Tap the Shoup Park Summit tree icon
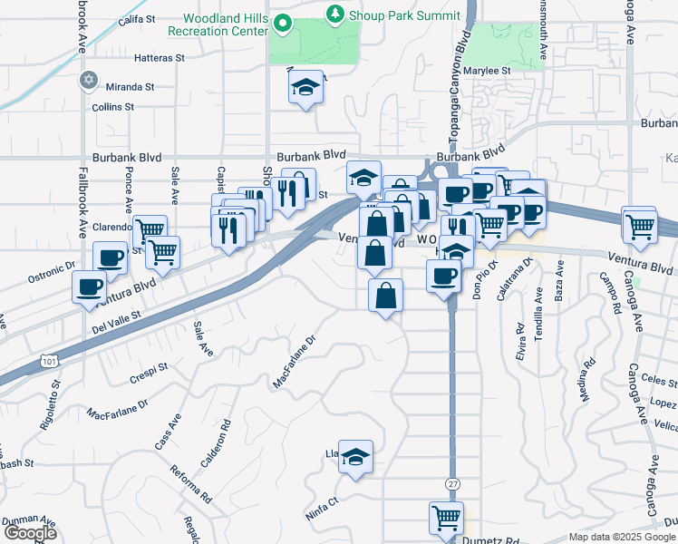point(336,13)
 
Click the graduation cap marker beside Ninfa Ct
point(356,458)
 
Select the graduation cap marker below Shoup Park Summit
point(306,88)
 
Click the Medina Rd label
point(587,379)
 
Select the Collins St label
point(112,106)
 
